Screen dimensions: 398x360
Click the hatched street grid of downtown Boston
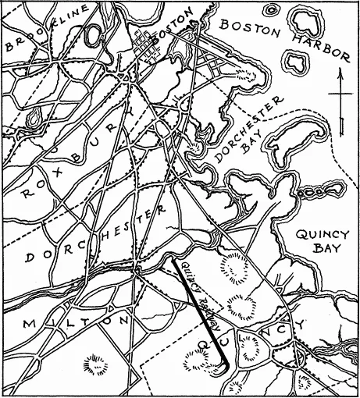147,48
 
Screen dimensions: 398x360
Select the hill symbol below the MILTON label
98,363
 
